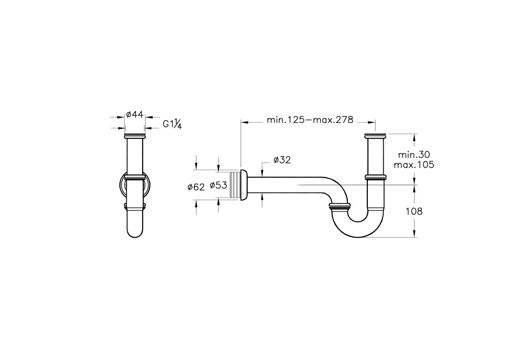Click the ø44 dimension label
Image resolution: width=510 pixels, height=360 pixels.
pos(134,114)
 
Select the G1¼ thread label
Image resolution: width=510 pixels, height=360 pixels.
pos(172,124)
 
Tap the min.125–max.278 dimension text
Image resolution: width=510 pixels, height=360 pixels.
pos(310,120)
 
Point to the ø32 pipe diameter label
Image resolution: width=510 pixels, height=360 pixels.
pos(282,160)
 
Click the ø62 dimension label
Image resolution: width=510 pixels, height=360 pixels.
pos(196,187)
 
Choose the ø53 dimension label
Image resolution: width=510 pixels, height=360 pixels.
pos(218,185)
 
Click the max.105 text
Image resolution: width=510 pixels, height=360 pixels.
pos(414,165)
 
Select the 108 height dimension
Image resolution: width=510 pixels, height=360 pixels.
pos(414,211)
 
